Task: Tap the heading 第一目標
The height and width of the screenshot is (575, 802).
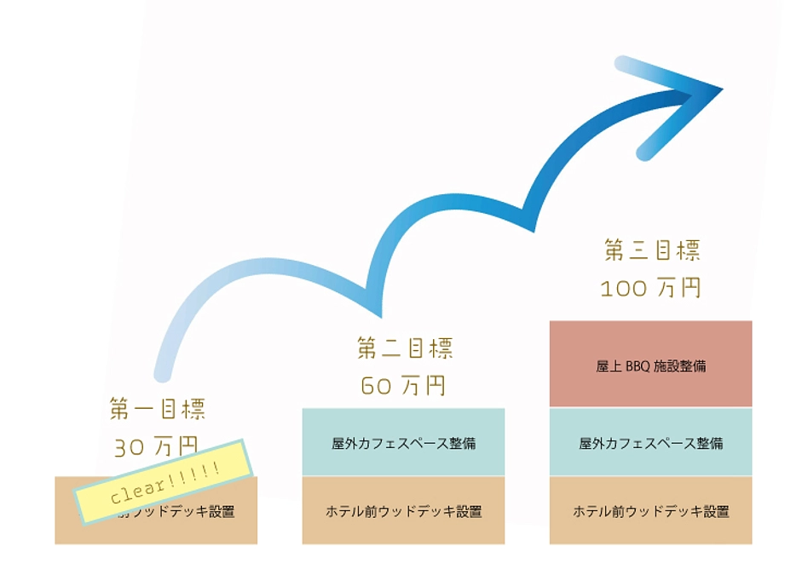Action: click(x=158, y=409)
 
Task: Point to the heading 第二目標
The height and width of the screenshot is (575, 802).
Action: click(x=405, y=348)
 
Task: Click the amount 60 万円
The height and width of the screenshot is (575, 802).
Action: click(x=403, y=386)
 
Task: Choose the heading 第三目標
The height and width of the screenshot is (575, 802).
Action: click(x=652, y=250)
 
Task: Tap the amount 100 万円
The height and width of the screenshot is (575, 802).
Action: click(x=650, y=289)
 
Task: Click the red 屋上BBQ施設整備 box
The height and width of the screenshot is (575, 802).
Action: click(x=650, y=364)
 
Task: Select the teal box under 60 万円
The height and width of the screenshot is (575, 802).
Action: click(x=403, y=442)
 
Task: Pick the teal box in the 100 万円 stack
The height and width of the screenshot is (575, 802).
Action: click(x=650, y=442)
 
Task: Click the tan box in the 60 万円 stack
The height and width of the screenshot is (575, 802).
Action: click(x=403, y=511)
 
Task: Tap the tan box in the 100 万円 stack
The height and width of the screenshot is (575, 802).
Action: click(x=650, y=511)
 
